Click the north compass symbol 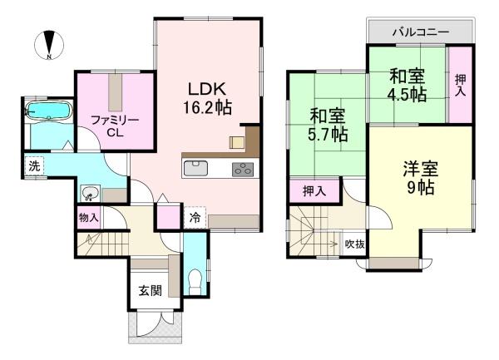(x=50, y=44)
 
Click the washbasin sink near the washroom (x=89, y=195)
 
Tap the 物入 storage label (x=88, y=219)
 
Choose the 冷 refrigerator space (x=194, y=219)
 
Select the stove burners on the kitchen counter (x=243, y=169)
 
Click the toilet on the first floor (x=194, y=279)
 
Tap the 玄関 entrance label (x=149, y=292)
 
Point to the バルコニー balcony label (x=421, y=32)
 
